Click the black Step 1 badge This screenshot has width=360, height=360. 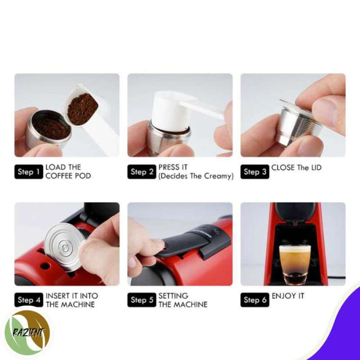pyautogui.click(x=29, y=171)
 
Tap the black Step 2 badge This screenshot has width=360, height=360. pyautogui.click(x=142, y=171)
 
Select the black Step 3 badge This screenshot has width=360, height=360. pyautogui.click(x=255, y=171)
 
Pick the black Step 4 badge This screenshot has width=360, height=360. pyautogui.click(x=29, y=300)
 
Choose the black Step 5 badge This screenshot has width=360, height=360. pyautogui.click(x=142, y=300)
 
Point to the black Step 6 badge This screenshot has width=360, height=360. pyautogui.click(x=255, y=300)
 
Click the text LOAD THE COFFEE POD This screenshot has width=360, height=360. pyautogui.click(x=67, y=171)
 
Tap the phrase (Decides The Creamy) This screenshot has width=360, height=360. pyautogui.click(x=196, y=176)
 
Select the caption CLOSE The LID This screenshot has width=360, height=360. pyautogui.click(x=296, y=168)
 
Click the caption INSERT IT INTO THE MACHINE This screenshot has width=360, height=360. pyautogui.click(x=71, y=300)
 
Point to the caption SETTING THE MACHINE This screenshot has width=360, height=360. pyautogui.click(x=182, y=300)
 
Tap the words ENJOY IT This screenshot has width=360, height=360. pyautogui.click(x=288, y=296)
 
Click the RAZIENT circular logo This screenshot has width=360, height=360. pyautogui.click(x=28, y=333)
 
